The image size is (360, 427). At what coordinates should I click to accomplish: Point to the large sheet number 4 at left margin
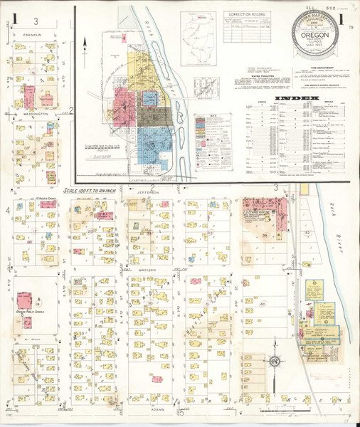pos(8,211)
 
